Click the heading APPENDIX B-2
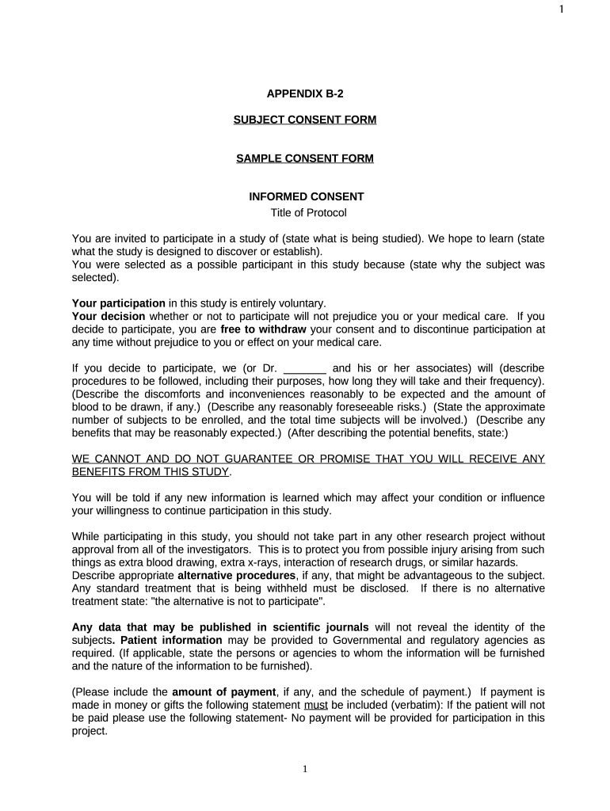305,93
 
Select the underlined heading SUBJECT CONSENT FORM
305,120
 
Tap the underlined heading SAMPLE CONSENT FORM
305,158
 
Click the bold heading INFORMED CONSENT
307,196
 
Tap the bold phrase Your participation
119,303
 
